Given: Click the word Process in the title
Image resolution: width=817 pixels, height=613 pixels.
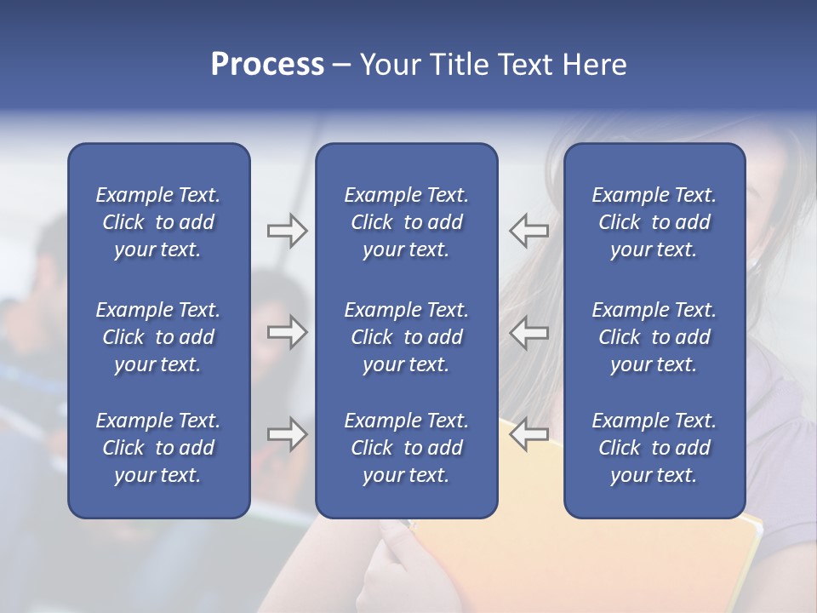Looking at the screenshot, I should [267, 65].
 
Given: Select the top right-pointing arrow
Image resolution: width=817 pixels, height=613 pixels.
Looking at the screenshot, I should [287, 231].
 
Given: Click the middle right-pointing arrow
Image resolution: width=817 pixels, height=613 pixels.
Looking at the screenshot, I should [287, 332].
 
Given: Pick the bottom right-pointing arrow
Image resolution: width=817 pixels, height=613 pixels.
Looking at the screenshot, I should [287, 434].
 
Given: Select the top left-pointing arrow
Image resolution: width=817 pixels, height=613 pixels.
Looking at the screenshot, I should [529, 231].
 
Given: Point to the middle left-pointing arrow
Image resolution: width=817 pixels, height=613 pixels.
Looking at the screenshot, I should [529, 332].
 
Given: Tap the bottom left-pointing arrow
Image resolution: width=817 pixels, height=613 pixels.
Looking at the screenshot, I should [529, 434].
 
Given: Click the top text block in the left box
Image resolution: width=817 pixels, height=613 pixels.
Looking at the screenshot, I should [158, 222].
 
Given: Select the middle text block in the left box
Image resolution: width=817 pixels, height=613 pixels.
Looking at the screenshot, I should [158, 337].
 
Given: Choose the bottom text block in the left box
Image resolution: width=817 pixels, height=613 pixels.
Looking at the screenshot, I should [158, 448].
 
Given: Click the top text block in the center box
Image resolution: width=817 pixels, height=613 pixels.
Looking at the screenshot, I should [406, 222].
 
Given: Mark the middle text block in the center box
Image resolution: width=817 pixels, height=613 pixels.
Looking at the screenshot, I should [406, 337].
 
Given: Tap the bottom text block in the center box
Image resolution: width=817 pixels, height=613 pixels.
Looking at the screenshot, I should [406, 448].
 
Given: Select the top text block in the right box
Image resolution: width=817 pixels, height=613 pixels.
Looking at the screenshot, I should [654, 222].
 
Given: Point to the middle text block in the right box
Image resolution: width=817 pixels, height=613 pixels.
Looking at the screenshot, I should [654, 337].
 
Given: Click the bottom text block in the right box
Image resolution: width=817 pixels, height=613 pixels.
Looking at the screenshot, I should [654, 448].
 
